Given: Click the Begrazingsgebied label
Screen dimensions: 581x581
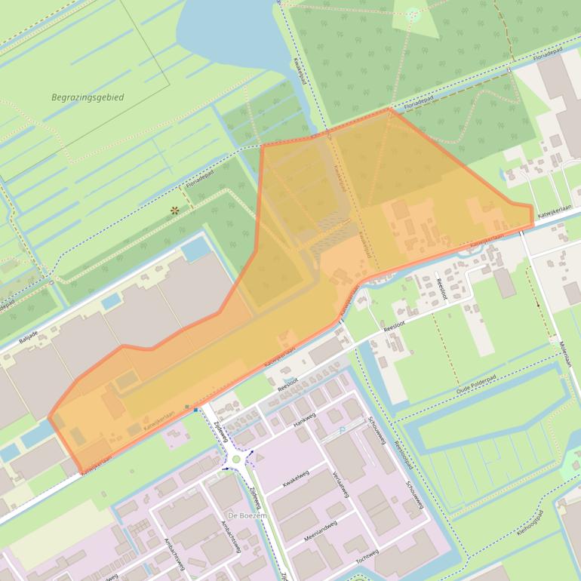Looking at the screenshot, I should click(x=88, y=97).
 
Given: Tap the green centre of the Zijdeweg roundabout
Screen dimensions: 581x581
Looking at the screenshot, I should click(x=237, y=458).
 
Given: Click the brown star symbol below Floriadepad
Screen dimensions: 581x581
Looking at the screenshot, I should click(x=175, y=211).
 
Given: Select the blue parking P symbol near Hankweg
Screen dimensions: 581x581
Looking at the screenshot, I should click(x=341, y=429).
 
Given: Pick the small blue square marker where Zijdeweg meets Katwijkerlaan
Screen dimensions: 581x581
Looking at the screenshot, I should click(x=186, y=407).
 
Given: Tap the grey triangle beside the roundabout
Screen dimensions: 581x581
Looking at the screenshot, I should click(x=260, y=456).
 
